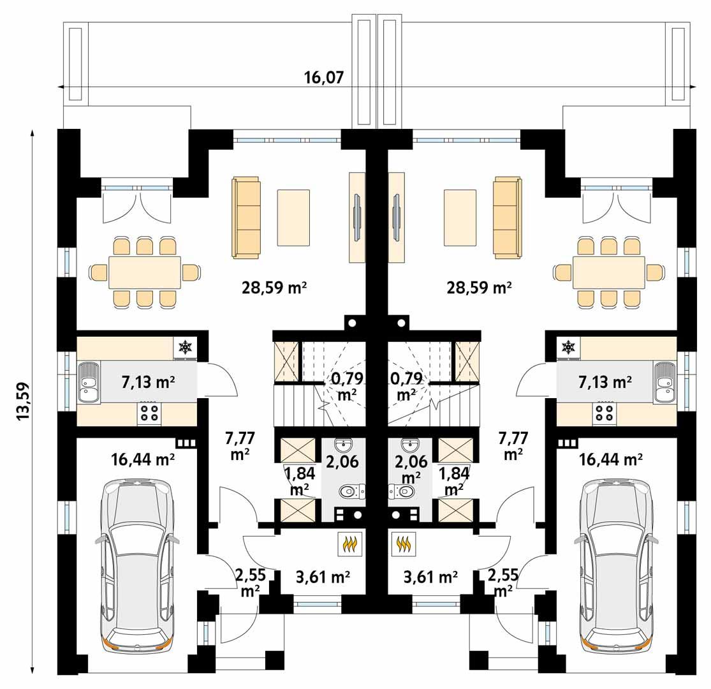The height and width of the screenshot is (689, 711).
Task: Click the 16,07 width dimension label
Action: point(323,78)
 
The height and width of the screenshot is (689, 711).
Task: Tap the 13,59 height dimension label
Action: point(24,400)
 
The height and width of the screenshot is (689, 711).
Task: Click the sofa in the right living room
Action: point(506,218)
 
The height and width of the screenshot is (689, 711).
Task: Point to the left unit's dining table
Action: point(145,273)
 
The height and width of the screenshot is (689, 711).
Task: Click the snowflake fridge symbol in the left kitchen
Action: point(186,347)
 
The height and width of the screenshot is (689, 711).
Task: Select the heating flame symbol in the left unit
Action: point(350,544)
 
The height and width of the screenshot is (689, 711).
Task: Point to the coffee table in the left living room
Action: point(293,218)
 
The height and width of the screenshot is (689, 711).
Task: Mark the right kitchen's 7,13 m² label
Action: point(605,382)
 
